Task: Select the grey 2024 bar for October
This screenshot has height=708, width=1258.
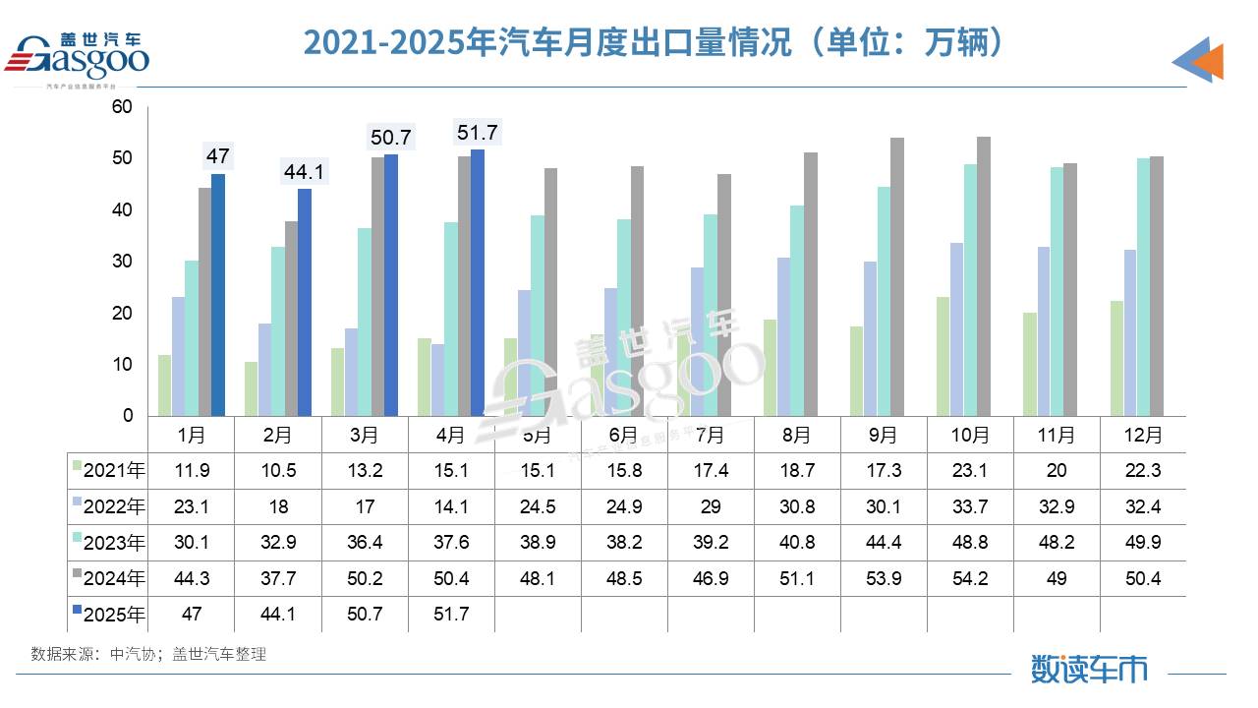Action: coord(984,276)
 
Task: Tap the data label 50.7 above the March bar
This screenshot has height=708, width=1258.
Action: coord(390,138)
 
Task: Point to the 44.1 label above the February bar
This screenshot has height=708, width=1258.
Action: coord(304,172)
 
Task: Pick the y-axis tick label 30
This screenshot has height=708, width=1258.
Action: coord(123,262)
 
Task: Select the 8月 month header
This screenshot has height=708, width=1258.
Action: coord(797,434)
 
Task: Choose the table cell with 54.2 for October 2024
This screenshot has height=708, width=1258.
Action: coord(970,578)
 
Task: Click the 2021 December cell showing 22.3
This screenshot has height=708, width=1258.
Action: coord(1143,470)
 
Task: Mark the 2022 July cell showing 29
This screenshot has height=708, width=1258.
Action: coord(711,506)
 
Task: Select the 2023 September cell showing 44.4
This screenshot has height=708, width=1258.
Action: coord(884,543)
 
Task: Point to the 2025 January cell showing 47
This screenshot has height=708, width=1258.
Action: coord(192,615)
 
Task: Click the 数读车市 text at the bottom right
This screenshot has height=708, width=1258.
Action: coord(1089,669)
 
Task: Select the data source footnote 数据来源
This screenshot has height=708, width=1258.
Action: coord(148,654)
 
